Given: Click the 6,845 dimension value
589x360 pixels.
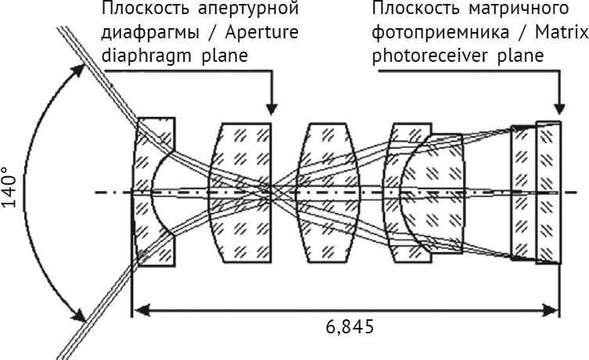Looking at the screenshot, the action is tap(350, 327).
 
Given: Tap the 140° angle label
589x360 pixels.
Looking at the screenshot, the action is tap(9, 188).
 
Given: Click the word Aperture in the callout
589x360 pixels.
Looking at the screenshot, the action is tap(262, 33).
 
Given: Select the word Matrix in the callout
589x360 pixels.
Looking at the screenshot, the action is tap(562, 32).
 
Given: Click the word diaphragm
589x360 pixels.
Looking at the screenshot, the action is tap(147, 56).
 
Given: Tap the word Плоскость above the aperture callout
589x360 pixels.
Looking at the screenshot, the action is tap(145, 9).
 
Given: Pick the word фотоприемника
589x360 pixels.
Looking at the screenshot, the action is tap(440, 33).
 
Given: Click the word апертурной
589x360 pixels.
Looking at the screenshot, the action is tap(248, 9).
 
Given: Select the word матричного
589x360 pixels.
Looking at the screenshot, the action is tap(519, 9).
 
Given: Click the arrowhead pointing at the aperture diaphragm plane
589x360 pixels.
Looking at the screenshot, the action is tap(271, 109).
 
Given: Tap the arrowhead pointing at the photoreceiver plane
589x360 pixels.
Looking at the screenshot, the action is tap(559, 109).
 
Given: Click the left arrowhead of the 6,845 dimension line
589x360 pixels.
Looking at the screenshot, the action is tap(140, 311).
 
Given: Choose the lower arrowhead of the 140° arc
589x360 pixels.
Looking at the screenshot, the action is tap(78, 315).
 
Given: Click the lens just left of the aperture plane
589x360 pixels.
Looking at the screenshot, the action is tap(240, 192).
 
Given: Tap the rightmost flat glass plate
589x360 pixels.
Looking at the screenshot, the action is tap(548, 192).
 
